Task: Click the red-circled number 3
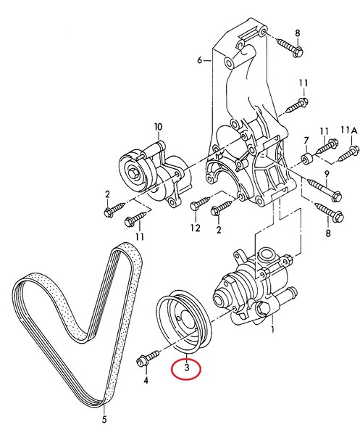tap(186, 368)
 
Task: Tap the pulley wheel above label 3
tap(182, 318)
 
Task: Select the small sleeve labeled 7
tap(307, 158)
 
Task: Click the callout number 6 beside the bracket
tap(199, 62)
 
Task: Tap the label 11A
tap(351, 130)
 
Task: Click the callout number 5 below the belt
tap(104, 418)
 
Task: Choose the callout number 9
tap(327, 173)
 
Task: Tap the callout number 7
tap(306, 140)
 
